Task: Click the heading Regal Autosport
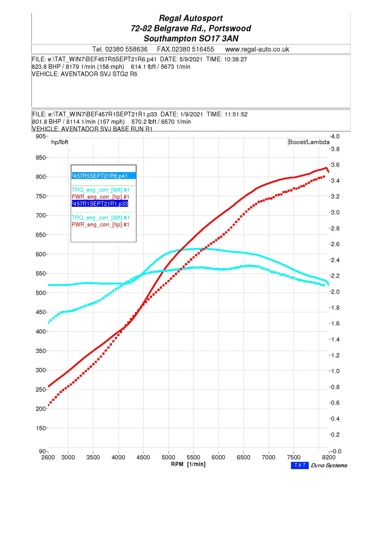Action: [x=191, y=18]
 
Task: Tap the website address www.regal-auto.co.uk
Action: [x=257, y=50]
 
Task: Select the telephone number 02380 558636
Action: [x=126, y=50]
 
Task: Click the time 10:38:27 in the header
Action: [x=235, y=60]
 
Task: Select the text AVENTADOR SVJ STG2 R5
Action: [x=99, y=74]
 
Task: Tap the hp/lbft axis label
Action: [x=60, y=142]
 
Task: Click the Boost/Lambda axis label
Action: [x=309, y=142]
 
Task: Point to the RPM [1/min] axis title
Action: [x=188, y=465]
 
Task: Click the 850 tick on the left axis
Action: [x=41, y=158]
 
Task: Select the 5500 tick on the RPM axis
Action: [x=193, y=458]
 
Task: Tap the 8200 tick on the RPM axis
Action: [x=329, y=458]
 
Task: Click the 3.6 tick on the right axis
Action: [x=335, y=165]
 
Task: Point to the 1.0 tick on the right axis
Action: [x=335, y=372]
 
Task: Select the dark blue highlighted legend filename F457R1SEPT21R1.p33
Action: [x=100, y=204]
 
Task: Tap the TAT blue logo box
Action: [x=300, y=466]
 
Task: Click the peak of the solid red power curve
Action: [x=326, y=168]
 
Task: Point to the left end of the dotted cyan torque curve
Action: [x=49, y=322]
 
